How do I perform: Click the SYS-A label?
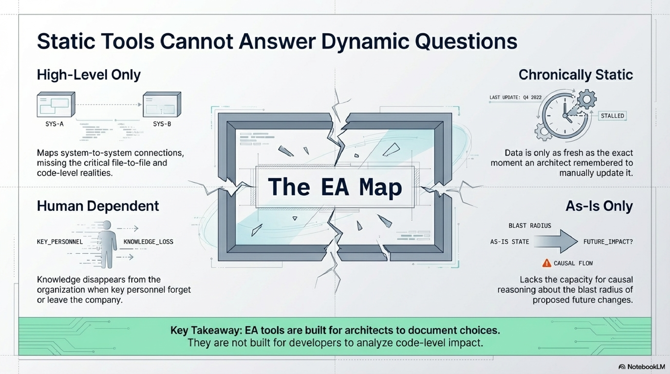tap(54, 124)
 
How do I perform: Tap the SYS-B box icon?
tap(162, 104)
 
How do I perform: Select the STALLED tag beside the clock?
tap(612, 116)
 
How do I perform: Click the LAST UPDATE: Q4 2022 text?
tap(515, 97)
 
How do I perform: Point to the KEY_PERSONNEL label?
tap(60, 242)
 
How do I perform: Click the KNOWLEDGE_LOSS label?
tap(148, 242)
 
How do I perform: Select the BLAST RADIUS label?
tap(530, 226)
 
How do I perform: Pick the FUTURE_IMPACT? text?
tap(608, 242)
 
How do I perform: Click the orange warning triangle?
tap(547, 263)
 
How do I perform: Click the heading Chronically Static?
tap(575, 75)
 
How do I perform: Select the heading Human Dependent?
tap(98, 206)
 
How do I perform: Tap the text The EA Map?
tap(335, 187)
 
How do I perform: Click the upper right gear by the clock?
tap(587, 99)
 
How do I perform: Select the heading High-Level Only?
tap(89, 75)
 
